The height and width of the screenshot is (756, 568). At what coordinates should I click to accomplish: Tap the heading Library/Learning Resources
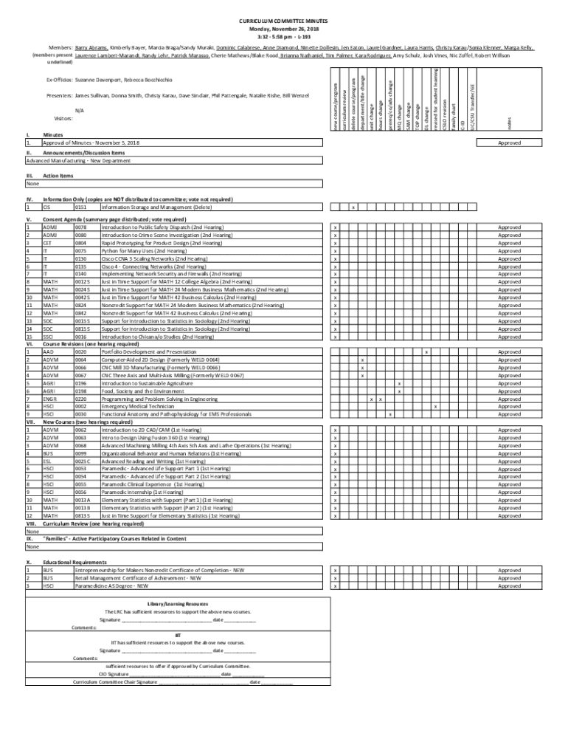178,604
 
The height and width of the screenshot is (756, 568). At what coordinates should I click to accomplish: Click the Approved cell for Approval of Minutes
509,142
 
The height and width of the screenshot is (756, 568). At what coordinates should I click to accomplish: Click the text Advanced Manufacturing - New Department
78,160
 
